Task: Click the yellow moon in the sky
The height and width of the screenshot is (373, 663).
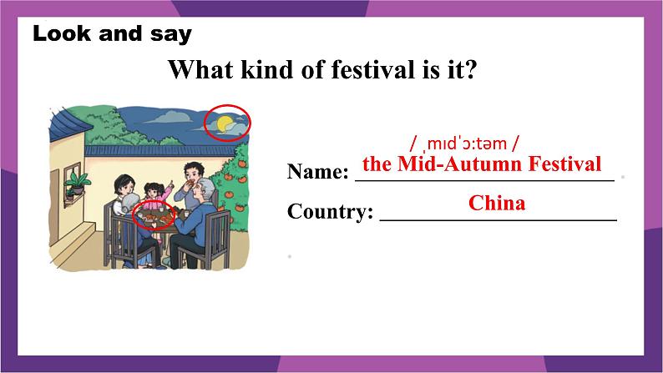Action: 224,123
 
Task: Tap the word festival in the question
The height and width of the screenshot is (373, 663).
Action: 357,70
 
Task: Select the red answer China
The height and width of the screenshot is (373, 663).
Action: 497,203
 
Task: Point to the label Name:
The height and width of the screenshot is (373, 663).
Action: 317,172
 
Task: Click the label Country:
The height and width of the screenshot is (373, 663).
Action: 330,211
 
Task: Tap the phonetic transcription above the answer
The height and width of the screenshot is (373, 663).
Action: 463,144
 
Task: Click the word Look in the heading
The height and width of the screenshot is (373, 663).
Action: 62,33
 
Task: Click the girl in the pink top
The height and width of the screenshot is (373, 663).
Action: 155,195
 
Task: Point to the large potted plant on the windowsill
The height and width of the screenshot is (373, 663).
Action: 78,182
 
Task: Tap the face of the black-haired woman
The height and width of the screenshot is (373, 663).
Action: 127,186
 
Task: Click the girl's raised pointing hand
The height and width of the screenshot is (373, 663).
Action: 170,184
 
